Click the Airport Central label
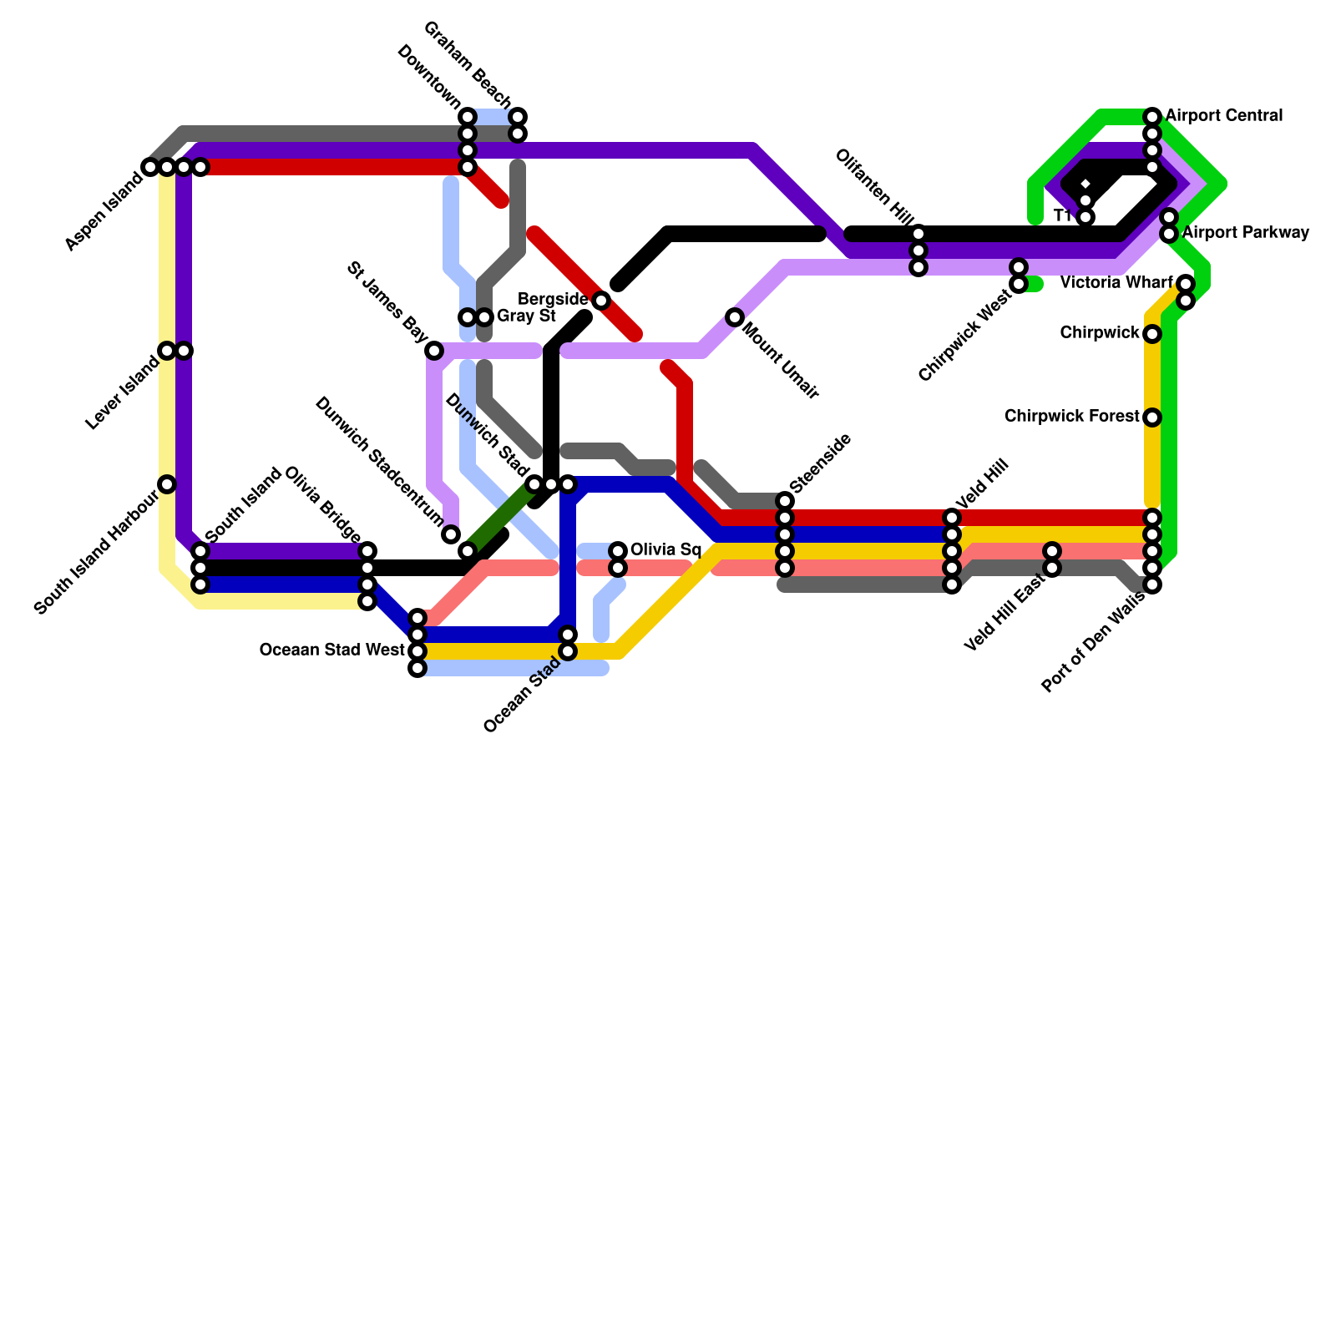1223,115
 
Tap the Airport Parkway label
1245,232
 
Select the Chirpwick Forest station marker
1152,417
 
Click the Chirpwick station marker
1152,334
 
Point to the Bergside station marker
601,301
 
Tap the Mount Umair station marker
735,317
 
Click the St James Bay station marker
434,351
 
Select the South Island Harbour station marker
167,484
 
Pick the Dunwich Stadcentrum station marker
451,534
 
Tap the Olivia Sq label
665,549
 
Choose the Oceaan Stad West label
331,650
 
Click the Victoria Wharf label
1116,283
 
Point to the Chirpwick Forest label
1071,416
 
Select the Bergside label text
553,299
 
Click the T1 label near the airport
1063,216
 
